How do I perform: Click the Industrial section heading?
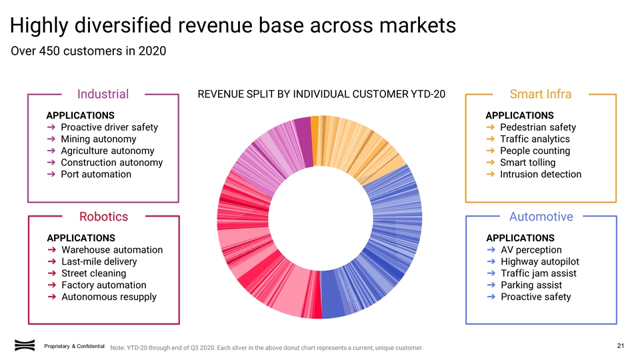[x=103, y=94]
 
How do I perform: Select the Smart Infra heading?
[x=540, y=94]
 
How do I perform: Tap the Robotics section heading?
[x=103, y=217]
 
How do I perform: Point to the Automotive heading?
[x=541, y=217]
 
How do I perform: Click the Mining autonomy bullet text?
[x=98, y=139]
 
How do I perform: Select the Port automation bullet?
[x=95, y=175]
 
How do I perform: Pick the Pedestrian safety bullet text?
[x=537, y=127]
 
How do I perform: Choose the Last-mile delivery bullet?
[x=99, y=262]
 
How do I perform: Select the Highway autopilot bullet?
[x=539, y=262]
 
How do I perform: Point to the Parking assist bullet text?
[x=531, y=285]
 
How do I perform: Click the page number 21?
[x=620, y=345]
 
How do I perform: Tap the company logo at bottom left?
[x=25, y=345]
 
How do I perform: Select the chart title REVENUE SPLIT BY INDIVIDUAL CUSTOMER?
[x=321, y=94]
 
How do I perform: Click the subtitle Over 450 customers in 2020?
[x=89, y=51]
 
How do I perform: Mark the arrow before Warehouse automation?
[x=51, y=250]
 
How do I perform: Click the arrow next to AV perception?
[x=491, y=250]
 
